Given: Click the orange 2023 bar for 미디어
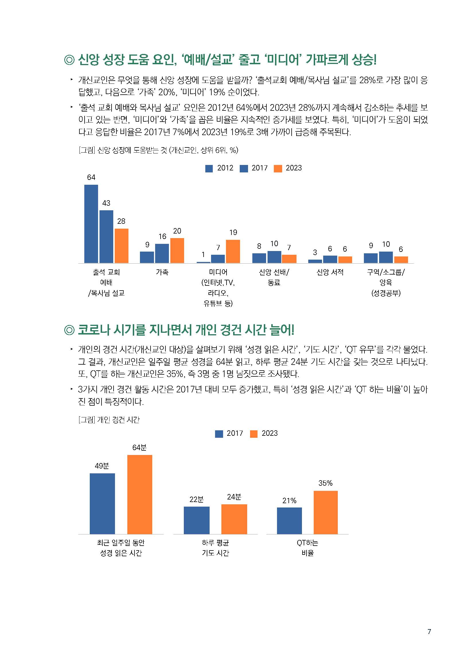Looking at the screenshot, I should point(233,251).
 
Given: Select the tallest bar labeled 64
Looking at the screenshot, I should point(91,224).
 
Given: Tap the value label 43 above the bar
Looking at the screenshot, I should point(106,203).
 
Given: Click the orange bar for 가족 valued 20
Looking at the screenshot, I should point(177,250).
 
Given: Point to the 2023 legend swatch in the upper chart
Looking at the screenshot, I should point(278,169).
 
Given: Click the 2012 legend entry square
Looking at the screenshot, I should point(209,169).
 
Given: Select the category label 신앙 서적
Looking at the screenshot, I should point(330,272).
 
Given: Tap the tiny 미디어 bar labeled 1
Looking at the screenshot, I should point(203,262).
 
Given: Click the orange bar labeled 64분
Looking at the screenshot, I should point(140,494).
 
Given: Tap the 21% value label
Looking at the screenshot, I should point(289,501).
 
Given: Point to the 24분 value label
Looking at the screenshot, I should point(234,497).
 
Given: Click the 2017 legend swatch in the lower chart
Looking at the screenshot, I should point(219,434).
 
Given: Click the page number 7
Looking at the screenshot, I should point(429,631).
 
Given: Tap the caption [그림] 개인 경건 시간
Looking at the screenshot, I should point(109,420).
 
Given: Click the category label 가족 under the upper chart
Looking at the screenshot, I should point(162,272).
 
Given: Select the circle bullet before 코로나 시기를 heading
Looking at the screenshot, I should point(69,330).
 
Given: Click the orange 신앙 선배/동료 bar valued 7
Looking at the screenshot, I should point(289,259).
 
